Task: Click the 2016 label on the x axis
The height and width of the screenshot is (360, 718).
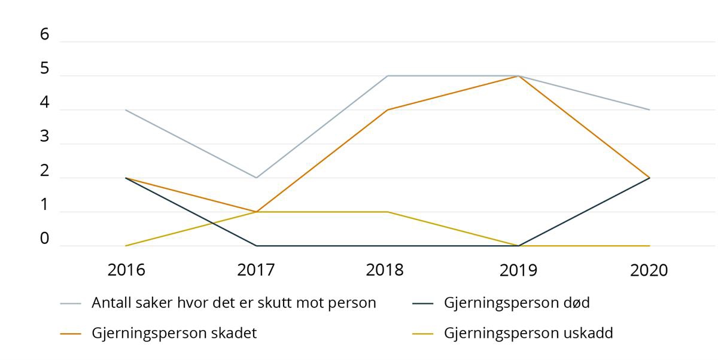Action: (x=126, y=270)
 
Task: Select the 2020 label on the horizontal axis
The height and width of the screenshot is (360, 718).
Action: (x=649, y=270)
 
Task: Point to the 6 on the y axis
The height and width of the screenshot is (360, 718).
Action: (x=44, y=35)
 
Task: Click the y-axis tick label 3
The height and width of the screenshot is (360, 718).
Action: (x=44, y=136)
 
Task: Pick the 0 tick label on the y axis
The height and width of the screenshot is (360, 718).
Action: (x=44, y=239)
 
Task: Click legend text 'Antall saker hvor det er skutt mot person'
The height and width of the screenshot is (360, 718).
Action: (x=233, y=303)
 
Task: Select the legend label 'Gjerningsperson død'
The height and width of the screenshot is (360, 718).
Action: (x=516, y=303)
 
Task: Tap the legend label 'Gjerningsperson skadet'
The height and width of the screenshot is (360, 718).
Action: (x=174, y=333)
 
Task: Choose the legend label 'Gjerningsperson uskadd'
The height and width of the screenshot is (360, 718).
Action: (x=528, y=333)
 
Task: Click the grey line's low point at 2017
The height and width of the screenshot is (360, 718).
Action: (x=257, y=178)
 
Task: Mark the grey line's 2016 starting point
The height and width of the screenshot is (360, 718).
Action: (x=126, y=110)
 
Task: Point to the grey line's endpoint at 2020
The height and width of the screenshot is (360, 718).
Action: (x=649, y=110)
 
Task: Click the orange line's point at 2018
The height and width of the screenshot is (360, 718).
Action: (x=388, y=110)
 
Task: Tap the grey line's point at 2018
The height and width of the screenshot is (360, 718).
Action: (x=388, y=76)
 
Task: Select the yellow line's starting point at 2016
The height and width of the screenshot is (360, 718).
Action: (x=126, y=246)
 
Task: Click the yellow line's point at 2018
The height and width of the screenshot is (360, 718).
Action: (x=388, y=212)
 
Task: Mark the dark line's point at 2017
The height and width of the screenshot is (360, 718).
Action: (x=257, y=246)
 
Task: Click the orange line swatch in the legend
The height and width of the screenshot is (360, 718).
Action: (x=71, y=334)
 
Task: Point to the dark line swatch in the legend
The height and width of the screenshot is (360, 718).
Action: (x=423, y=303)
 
